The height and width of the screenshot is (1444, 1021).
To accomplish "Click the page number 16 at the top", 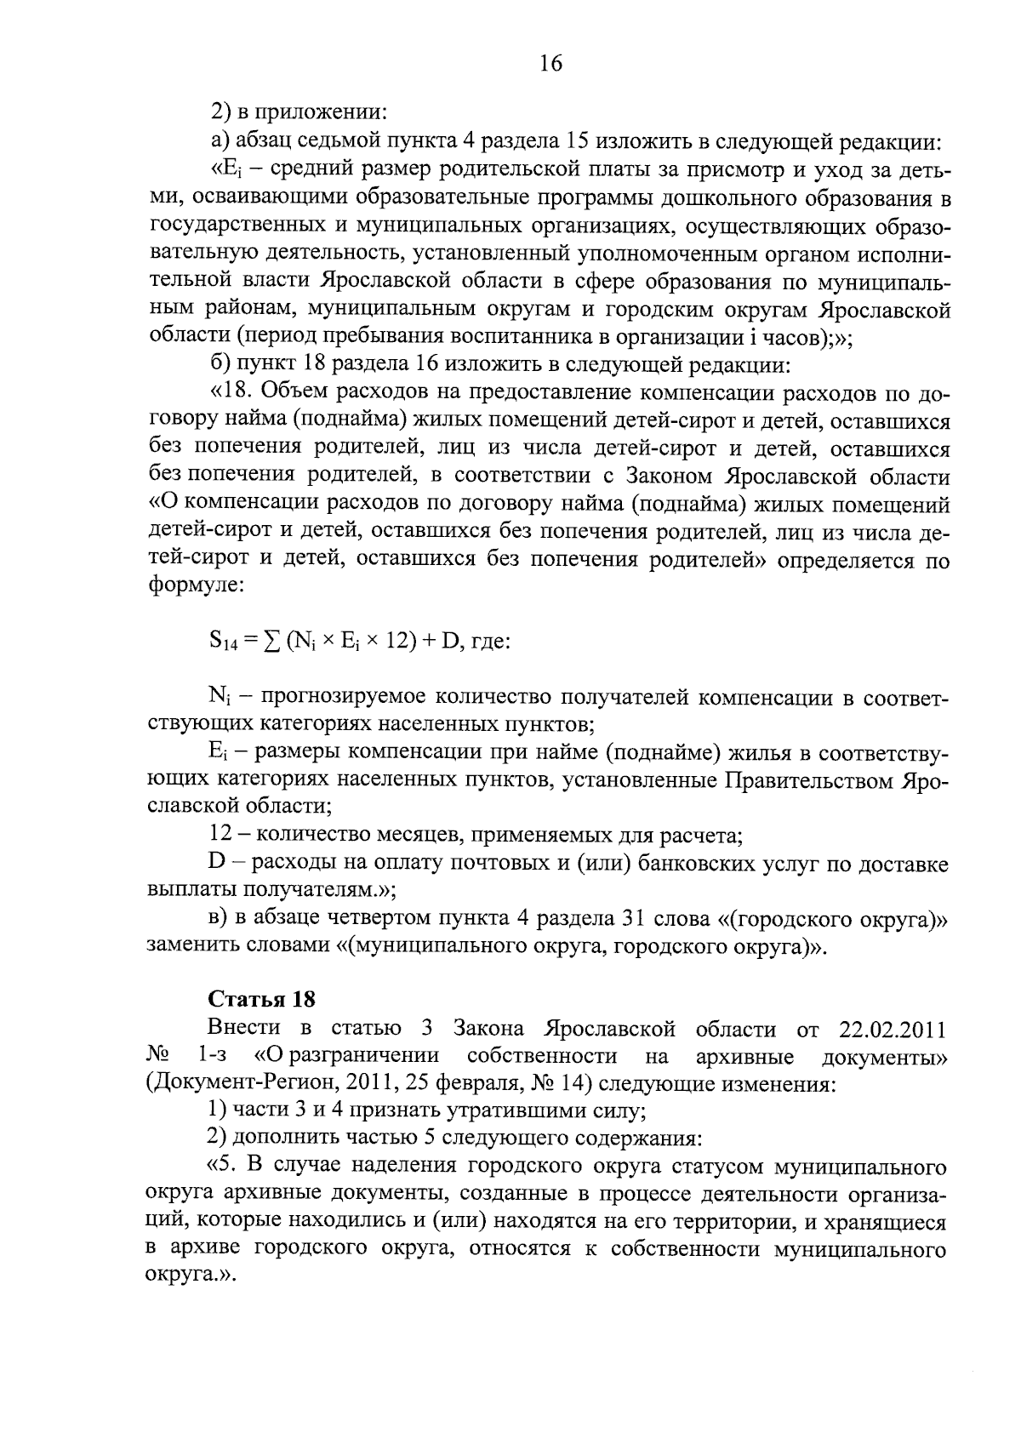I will pyautogui.click(x=550, y=64).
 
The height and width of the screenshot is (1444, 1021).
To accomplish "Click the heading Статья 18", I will pyautogui.click(x=262, y=999).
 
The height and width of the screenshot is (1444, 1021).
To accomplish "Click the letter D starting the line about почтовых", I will pyautogui.click(x=215, y=864).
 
